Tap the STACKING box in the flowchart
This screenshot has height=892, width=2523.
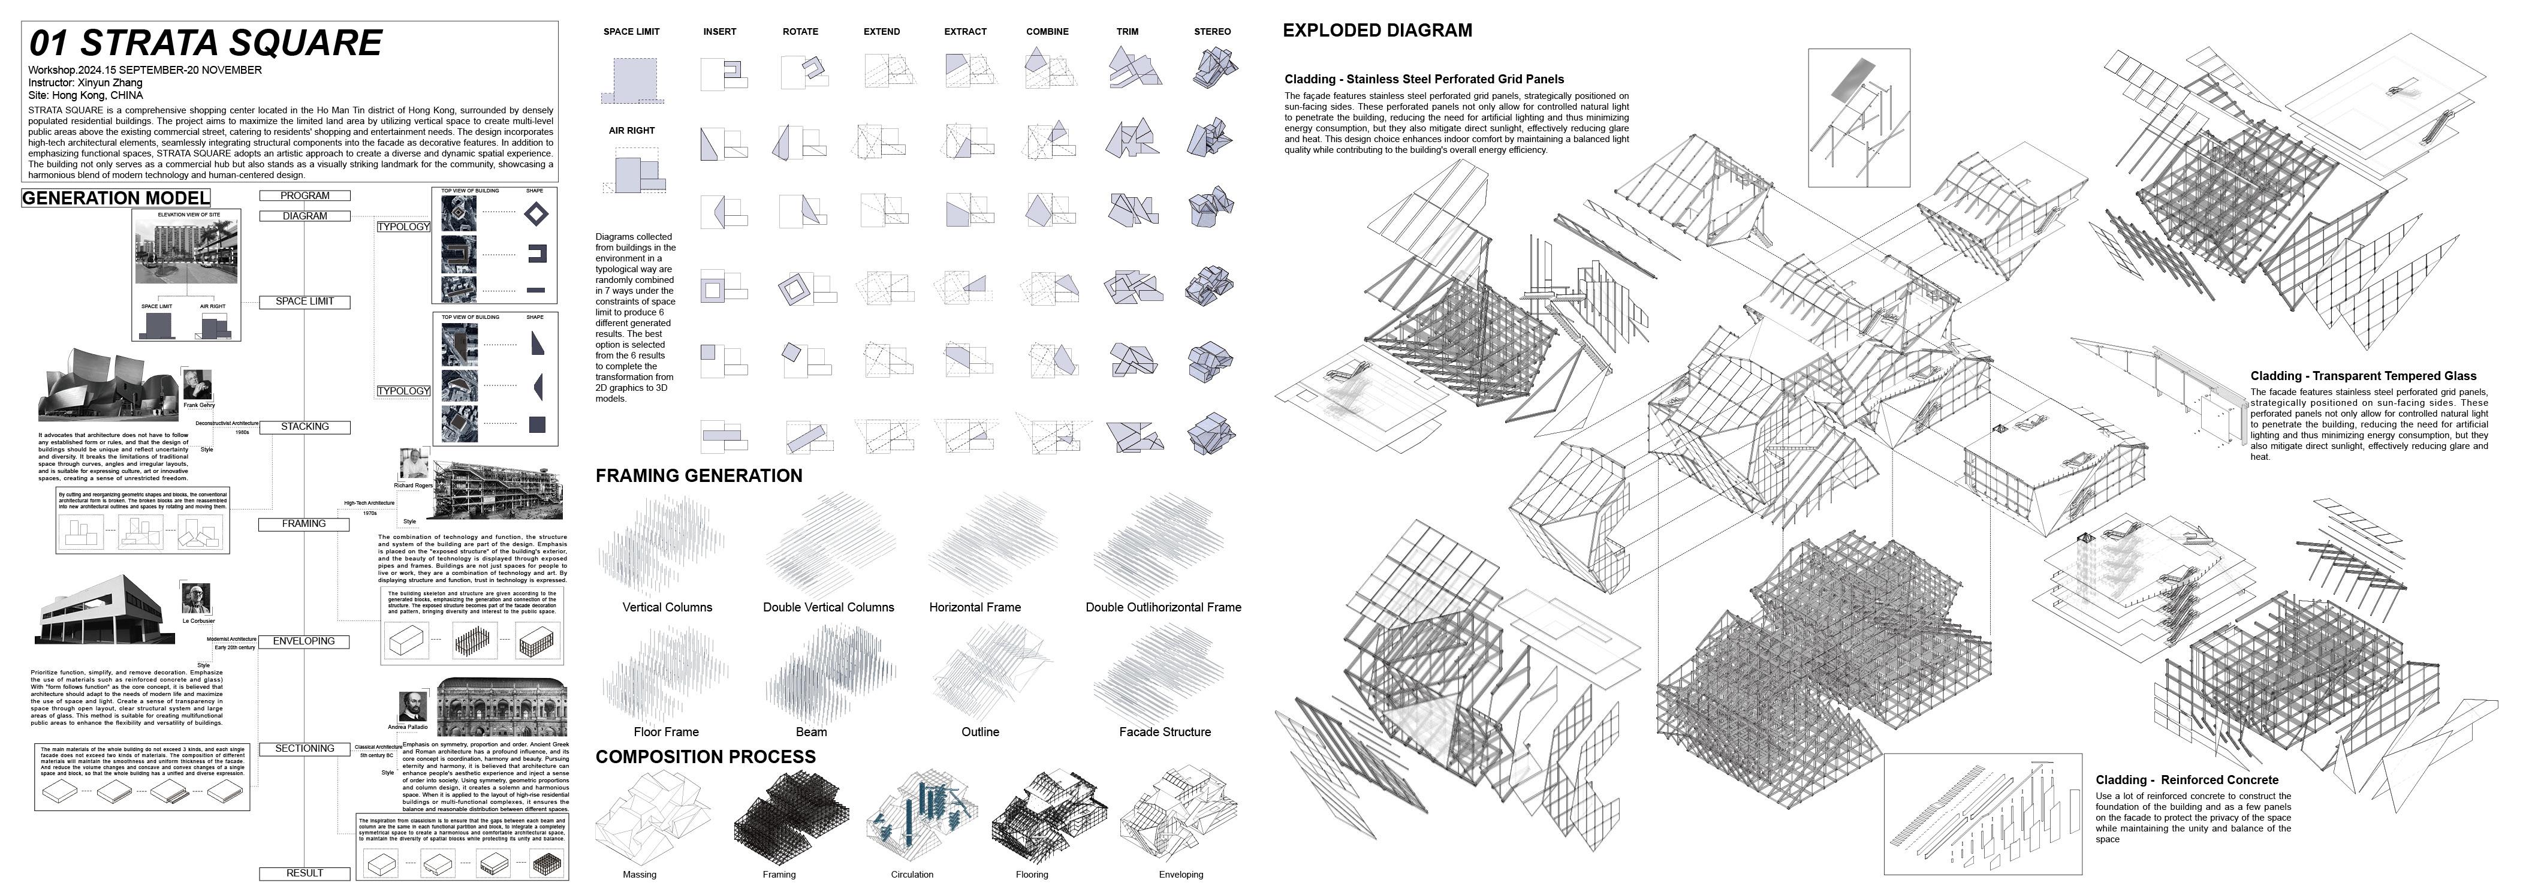pos(305,427)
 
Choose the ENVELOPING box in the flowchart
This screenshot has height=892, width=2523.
pos(305,641)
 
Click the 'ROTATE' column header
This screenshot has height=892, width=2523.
pos(800,31)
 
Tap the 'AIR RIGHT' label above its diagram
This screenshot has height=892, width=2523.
pos(632,130)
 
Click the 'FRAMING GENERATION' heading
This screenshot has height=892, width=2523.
pos(698,476)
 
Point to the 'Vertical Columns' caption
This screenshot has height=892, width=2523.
pos(667,607)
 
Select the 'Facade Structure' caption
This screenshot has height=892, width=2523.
pos(1165,731)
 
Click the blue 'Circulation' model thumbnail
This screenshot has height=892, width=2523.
pos(917,818)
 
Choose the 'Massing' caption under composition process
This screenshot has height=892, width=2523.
pos(640,875)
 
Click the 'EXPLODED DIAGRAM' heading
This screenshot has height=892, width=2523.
pos(1377,31)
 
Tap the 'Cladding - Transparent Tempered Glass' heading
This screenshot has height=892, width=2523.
pos(2362,376)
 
